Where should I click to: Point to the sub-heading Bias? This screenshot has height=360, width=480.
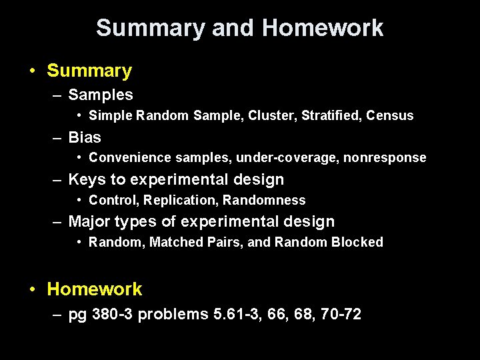tap(85, 137)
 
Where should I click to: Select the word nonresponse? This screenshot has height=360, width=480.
tap(385, 158)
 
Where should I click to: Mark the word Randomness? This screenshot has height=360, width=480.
tap(264, 200)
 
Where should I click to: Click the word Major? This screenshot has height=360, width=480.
tap(89, 221)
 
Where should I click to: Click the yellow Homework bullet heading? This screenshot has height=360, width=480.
tap(95, 289)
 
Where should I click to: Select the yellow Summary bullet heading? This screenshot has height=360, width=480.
tap(89, 71)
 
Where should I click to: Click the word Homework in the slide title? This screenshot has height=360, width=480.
tap(323, 28)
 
